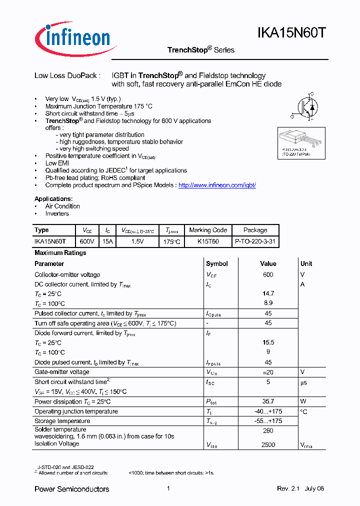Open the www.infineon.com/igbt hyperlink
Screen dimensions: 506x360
[x=217, y=185]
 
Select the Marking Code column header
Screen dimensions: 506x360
[x=208, y=230]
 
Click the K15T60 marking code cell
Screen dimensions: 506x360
[x=208, y=241]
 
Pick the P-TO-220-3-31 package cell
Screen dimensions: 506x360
[x=255, y=241]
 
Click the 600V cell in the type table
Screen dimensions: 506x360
[x=87, y=241]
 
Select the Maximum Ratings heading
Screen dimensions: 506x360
[x=60, y=252]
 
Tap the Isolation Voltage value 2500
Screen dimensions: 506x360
[x=268, y=443]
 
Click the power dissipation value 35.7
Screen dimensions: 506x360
[x=268, y=401]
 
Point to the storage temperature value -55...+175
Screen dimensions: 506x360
[x=268, y=421]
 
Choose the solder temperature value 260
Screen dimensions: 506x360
[x=268, y=430]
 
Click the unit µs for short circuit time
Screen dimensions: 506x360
[x=303, y=382]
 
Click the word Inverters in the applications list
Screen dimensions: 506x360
[x=57, y=213]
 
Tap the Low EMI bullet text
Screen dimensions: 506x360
[x=57, y=163]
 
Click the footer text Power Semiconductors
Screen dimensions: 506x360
[x=71, y=488]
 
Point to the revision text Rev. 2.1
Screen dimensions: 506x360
[x=288, y=488]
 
